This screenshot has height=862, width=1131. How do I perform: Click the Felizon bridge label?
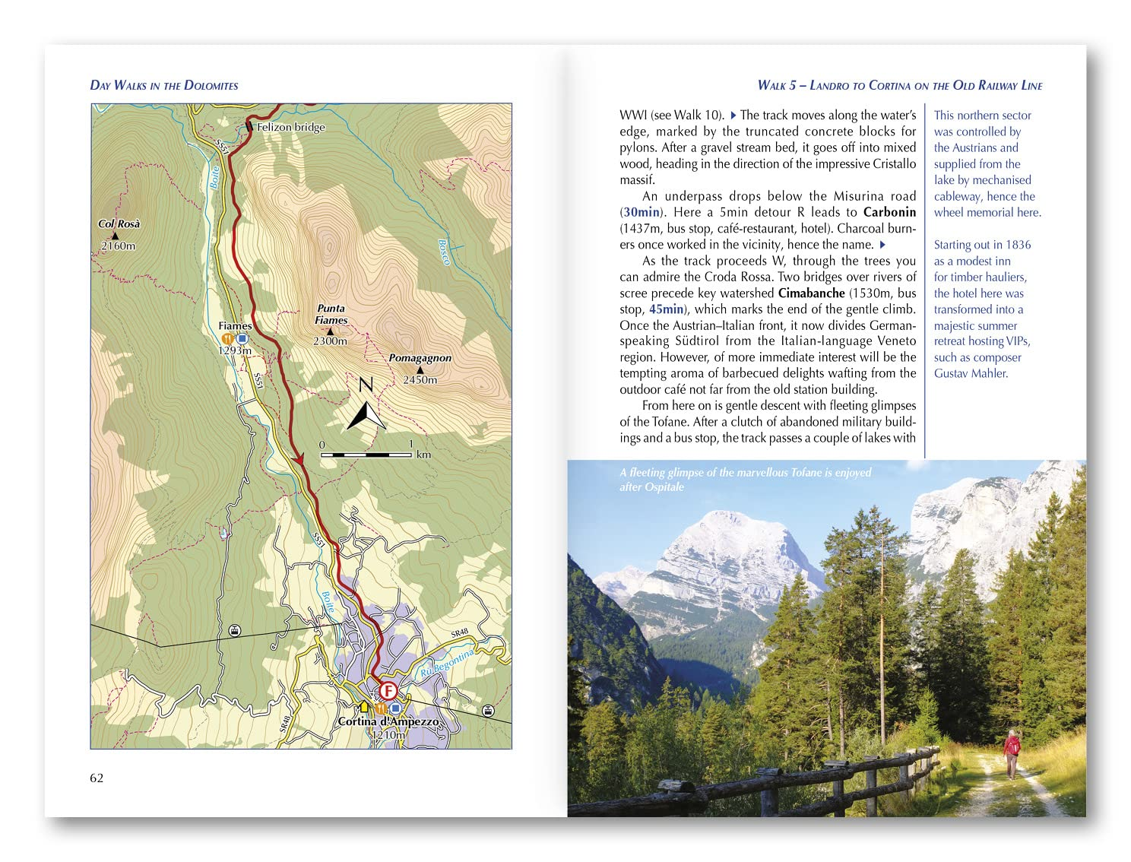[x=290, y=127]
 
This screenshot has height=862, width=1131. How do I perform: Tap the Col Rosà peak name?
[x=119, y=223]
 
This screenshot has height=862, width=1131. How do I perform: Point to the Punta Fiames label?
[x=331, y=314]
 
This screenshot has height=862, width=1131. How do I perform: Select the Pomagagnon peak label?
[x=420, y=358]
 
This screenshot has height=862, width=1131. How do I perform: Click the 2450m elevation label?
[x=420, y=379]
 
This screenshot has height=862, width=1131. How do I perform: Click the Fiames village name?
[x=235, y=326]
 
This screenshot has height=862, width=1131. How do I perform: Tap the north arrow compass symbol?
[x=366, y=406]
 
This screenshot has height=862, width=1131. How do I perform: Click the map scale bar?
[x=366, y=455]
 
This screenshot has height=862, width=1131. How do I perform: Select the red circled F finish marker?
[x=388, y=691]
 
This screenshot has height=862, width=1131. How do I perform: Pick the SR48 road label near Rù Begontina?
[x=459, y=633]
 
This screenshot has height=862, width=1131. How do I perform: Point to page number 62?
[x=97, y=778]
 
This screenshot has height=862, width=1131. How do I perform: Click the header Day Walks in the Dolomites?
[x=164, y=85]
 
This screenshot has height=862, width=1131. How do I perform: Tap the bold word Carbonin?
[x=889, y=212]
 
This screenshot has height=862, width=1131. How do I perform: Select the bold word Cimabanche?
[x=811, y=293]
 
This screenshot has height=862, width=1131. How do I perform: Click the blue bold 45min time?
[x=666, y=309]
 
